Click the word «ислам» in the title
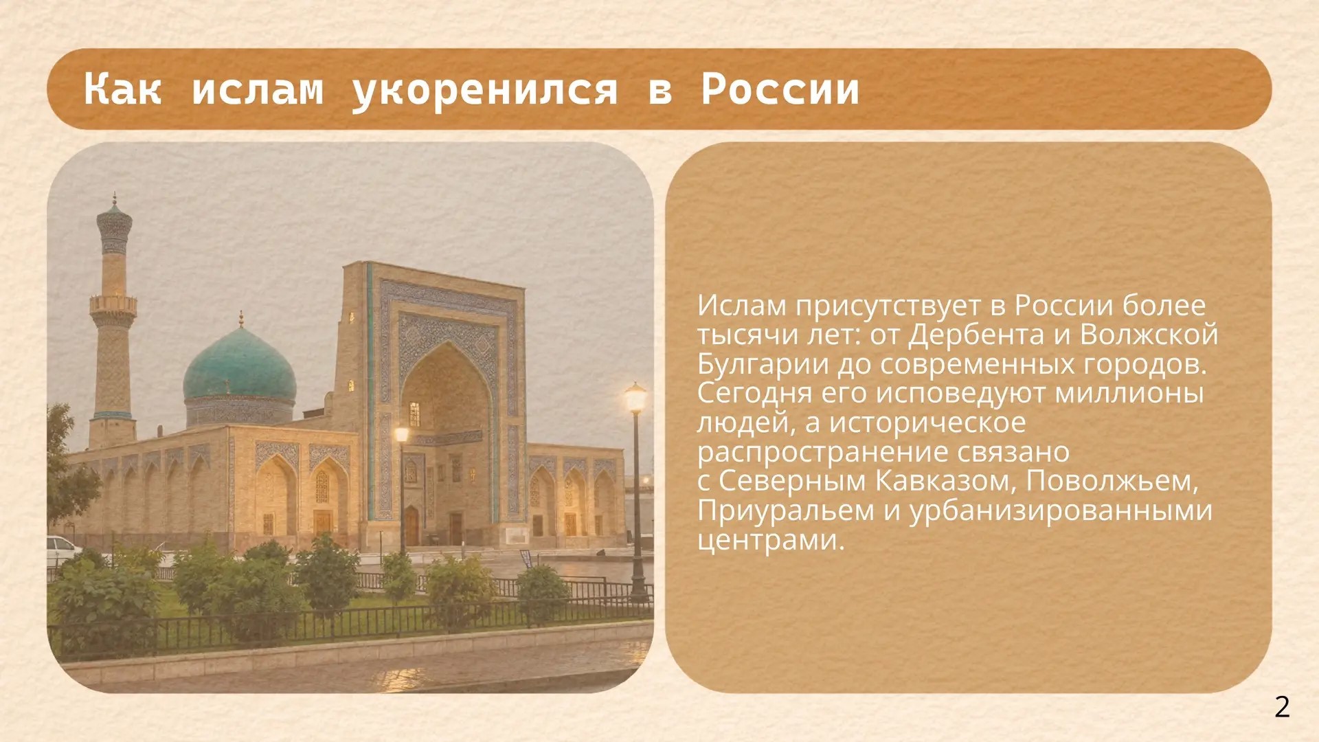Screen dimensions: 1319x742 pyautogui.click(x=257, y=89)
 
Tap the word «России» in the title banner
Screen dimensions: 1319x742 pyautogui.click(x=780, y=89)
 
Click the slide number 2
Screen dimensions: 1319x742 pyautogui.click(x=1282, y=707)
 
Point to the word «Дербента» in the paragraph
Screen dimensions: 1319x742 pyautogui.click(x=973, y=335)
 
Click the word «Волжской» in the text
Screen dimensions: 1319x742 pyautogui.click(x=1149, y=335)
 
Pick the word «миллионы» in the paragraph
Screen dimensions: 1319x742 pyautogui.click(x=1129, y=394)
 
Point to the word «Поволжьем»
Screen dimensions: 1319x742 pyautogui.click(x=1112, y=481)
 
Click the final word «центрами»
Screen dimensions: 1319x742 pyautogui.click(x=770, y=541)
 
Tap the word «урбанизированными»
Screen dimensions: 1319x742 pyautogui.click(x=1061, y=511)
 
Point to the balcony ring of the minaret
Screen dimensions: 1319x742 pyautogui.click(x=113, y=304)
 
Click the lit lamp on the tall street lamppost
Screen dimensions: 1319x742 pyautogui.click(x=635, y=398)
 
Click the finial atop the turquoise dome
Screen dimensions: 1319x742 pyautogui.click(x=240, y=319)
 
